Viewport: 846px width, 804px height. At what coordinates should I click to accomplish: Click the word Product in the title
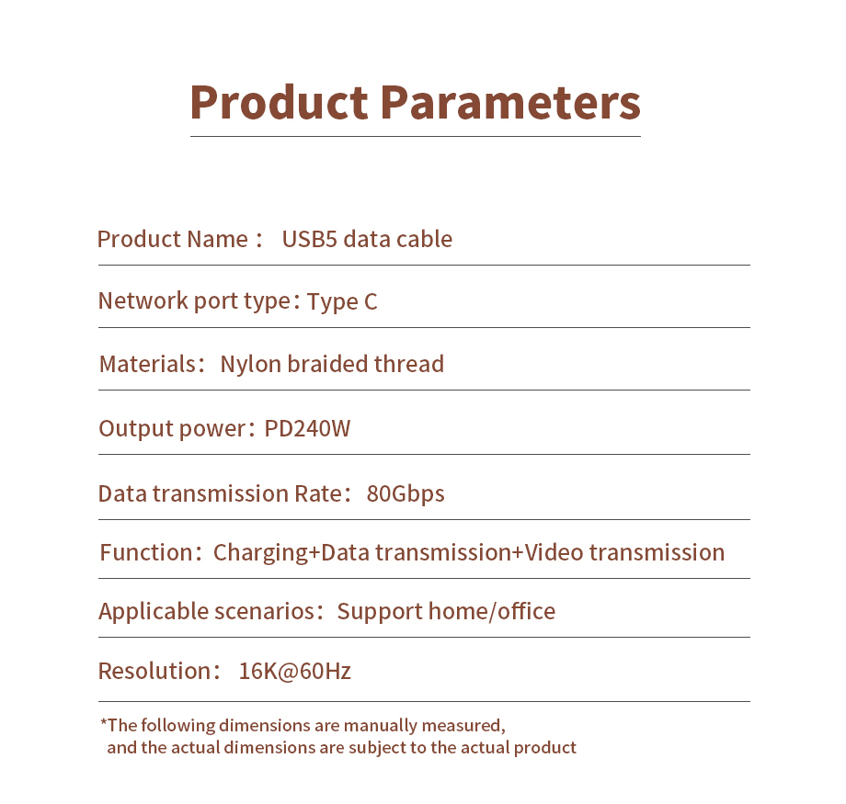(x=279, y=103)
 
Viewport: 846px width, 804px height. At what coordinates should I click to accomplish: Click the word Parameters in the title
(x=511, y=103)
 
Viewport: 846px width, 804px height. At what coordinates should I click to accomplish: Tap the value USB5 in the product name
(x=309, y=239)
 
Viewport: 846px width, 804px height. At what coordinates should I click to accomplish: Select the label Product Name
(x=173, y=239)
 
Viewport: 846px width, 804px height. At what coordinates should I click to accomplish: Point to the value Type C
(x=342, y=301)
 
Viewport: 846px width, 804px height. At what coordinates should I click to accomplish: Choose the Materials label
(x=147, y=364)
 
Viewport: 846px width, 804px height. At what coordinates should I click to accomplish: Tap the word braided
(x=327, y=364)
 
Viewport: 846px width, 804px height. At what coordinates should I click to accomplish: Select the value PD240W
(x=307, y=429)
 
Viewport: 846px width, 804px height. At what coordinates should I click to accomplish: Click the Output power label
(x=172, y=429)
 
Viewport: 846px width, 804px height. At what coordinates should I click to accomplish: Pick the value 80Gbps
(x=406, y=494)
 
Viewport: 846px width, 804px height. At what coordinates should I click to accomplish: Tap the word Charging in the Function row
(x=260, y=553)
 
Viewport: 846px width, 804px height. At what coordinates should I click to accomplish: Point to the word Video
(x=554, y=552)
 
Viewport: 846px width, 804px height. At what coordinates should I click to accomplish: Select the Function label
(x=146, y=553)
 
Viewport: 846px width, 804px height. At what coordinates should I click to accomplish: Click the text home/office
(x=492, y=611)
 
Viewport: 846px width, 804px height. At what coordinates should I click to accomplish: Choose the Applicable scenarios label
(x=207, y=611)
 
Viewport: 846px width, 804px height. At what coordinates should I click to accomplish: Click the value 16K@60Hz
(x=294, y=672)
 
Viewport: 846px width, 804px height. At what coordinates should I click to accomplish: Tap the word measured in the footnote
(x=463, y=726)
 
